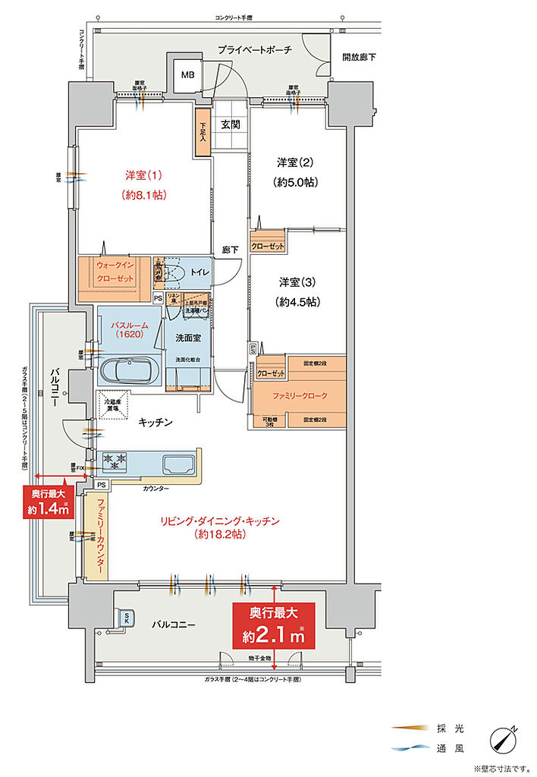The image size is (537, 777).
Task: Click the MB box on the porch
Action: [187, 75]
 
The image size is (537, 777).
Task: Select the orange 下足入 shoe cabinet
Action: [203, 134]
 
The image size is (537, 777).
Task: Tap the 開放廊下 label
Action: [359, 57]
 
